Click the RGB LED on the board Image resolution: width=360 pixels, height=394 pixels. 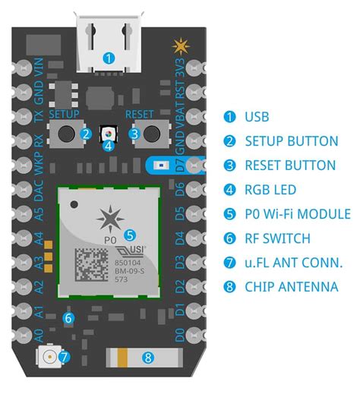tap(109, 134)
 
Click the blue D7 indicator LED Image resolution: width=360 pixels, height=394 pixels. tap(160, 164)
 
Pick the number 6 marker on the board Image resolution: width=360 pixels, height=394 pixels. tap(68, 319)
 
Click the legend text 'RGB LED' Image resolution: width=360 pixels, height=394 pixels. tap(270, 190)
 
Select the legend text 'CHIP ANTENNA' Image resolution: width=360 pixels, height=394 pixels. tap(292, 287)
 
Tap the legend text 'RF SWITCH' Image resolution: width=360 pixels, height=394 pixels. tap(277, 238)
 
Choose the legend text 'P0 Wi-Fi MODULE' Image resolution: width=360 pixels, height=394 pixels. tap(298, 214)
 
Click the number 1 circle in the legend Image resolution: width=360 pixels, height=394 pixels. tap(229, 117)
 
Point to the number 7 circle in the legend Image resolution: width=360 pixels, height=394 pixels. tap(229, 263)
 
